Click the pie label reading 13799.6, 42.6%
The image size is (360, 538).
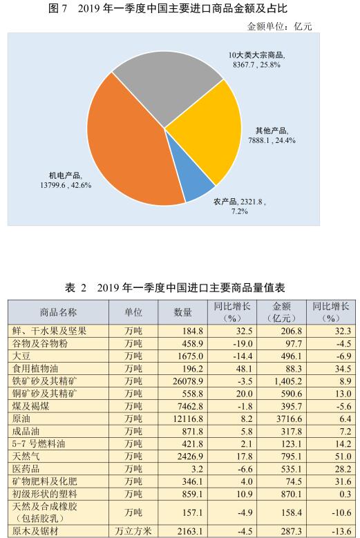point(66,185)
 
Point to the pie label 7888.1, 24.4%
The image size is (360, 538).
point(272,140)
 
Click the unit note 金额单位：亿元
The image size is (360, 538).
point(279,26)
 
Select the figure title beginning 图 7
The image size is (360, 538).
point(168,8)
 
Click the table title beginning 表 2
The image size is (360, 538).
point(175,287)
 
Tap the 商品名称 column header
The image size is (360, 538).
point(58,312)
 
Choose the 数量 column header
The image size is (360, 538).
point(183,312)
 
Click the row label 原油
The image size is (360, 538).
point(21,419)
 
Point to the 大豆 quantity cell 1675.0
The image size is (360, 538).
point(190,356)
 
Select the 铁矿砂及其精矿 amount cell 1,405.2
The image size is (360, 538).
point(286,381)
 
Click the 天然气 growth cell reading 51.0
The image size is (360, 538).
point(343,457)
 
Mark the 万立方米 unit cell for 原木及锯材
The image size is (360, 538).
point(133,532)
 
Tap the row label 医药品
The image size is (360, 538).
point(26,469)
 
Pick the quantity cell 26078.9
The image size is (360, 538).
point(188,381)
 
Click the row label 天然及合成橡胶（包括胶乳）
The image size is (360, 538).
point(45,512)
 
